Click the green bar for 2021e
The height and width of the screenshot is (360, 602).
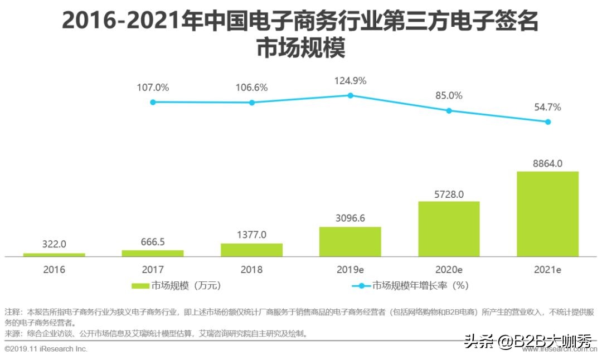[x=547, y=214]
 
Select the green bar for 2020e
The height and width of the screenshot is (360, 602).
[x=449, y=228]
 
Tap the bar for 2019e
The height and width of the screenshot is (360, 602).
[x=350, y=241]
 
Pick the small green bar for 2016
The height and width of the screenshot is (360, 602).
[x=54, y=255]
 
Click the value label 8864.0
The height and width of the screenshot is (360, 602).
[x=547, y=163]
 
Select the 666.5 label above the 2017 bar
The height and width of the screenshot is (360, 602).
[x=153, y=242]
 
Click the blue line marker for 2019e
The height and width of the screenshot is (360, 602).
[x=350, y=95]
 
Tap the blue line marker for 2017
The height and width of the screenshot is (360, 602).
[x=153, y=102]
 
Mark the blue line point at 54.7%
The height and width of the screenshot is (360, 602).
[x=547, y=121]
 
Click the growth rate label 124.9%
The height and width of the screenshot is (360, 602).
[x=350, y=81]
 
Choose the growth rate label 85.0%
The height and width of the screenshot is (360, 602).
[x=449, y=96]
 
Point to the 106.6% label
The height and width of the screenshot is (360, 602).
[x=252, y=87]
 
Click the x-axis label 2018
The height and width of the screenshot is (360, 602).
[x=252, y=270]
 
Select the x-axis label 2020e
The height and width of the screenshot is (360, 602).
[x=449, y=270]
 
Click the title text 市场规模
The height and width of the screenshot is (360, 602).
[x=300, y=48]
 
